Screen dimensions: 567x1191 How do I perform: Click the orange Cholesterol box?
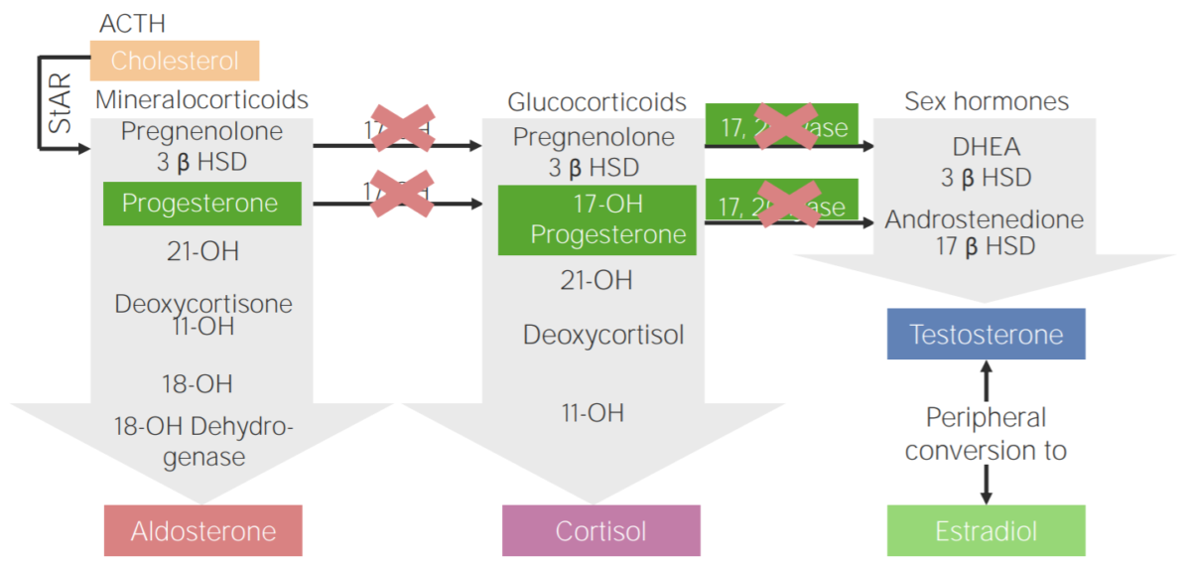pos(175,61)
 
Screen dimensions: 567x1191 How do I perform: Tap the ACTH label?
pos(133,22)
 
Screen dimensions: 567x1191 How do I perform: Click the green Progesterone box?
pos(202,204)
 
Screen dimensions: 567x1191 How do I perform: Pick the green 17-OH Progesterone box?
pos(597,219)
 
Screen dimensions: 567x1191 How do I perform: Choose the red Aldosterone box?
pos(202,530)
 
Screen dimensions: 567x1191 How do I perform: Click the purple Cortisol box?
pos(600,530)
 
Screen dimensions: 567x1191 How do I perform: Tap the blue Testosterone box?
pos(986,334)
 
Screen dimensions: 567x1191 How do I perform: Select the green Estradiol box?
pos(986,530)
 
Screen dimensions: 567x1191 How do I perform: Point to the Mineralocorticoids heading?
pos(201,100)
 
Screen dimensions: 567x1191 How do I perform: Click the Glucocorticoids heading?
pos(596,102)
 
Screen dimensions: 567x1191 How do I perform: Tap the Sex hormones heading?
pos(987,101)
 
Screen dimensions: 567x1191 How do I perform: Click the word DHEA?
pos(985,148)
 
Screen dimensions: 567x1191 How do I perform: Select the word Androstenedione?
pos(985,219)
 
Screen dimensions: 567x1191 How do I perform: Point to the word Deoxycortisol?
pos(603,335)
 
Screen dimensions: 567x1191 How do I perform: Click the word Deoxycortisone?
pos(203,304)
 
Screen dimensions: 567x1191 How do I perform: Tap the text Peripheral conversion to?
pos(986,434)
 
